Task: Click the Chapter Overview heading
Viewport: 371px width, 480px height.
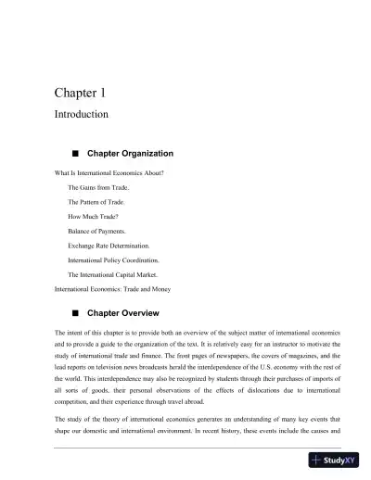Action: [x=123, y=312]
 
